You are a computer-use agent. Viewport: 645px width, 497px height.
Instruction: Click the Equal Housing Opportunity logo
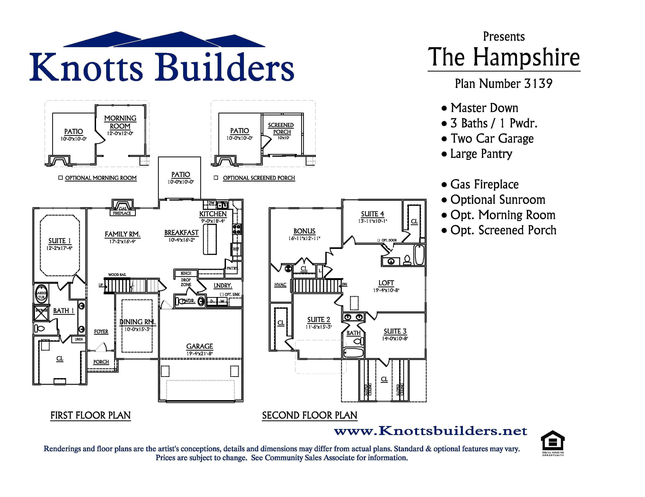(x=552, y=443)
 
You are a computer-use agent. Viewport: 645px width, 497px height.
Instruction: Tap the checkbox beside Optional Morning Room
(x=61, y=178)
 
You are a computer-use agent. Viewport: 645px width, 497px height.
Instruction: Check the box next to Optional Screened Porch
(x=216, y=178)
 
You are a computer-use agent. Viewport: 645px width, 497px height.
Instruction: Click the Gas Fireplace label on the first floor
(x=122, y=211)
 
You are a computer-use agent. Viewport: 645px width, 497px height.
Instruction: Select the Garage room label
(x=200, y=346)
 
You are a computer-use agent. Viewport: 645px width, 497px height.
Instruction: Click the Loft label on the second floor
(x=386, y=283)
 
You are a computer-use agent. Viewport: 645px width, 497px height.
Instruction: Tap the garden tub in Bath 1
(x=41, y=295)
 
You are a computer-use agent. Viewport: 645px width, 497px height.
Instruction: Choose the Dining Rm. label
(x=137, y=322)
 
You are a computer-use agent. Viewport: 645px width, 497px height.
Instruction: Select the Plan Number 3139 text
(x=504, y=84)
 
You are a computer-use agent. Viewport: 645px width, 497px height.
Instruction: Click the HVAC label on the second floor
(x=280, y=285)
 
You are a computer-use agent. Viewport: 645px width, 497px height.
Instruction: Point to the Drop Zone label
(x=186, y=282)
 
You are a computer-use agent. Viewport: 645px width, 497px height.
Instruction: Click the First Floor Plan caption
(x=90, y=416)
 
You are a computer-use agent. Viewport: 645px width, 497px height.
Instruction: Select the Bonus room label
(x=304, y=231)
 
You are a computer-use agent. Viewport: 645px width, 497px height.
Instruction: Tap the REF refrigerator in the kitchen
(x=236, y=249)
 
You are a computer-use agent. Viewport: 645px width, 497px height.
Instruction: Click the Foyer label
(x=101, y=332)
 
